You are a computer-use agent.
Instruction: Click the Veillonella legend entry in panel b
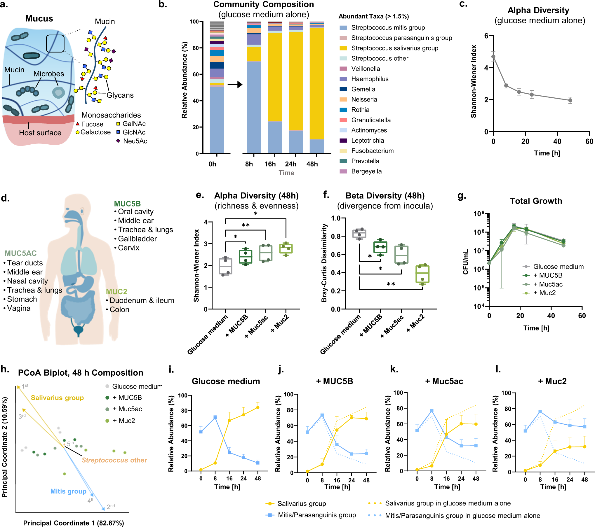click(365, 69)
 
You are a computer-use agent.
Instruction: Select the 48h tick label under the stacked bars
click(312, 164)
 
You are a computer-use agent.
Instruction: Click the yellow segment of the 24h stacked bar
click(295, 82)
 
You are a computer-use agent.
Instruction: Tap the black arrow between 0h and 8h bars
click(235, 85)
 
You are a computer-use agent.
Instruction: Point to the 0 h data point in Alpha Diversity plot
click(493, 57)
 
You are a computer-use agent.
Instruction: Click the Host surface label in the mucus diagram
click(40, 133)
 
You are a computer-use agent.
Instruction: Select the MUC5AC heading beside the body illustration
click(20, 253)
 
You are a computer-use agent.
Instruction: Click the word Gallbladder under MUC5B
click(137, 239)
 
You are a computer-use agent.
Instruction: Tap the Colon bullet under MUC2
click(119, 310)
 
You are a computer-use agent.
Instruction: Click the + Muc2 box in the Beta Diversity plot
click(422, 274)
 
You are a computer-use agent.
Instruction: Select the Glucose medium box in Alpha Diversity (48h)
click(225, 266)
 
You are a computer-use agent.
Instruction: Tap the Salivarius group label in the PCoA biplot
click(57, 398)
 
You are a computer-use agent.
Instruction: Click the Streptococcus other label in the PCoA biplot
click(114, 460)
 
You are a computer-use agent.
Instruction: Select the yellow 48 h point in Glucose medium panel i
click(258, 407)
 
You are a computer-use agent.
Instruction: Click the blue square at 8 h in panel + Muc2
click(540, 412)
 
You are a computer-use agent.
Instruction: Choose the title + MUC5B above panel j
click(334, 381)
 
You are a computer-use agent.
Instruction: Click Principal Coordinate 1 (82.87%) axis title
click(74, 523)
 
